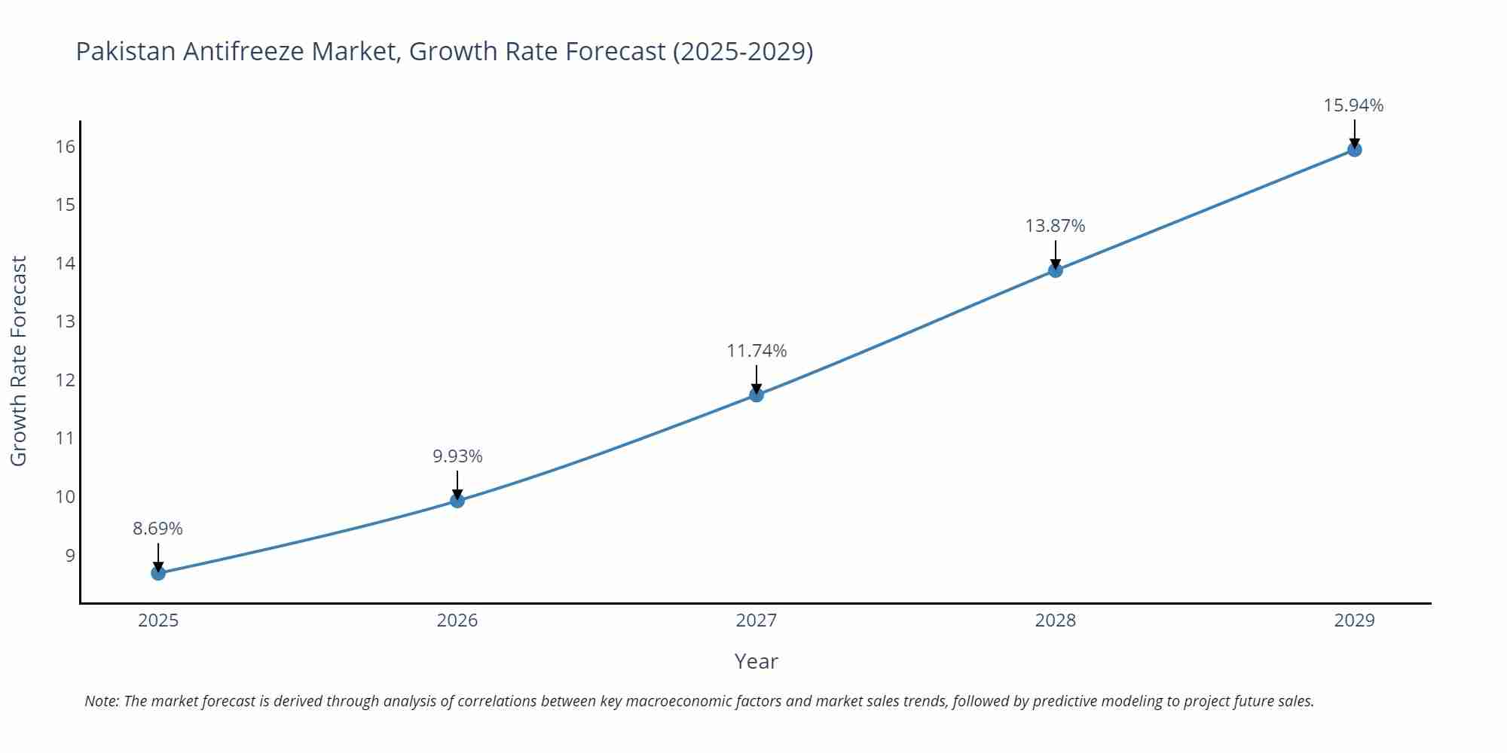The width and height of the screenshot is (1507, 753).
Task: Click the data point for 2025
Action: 158,573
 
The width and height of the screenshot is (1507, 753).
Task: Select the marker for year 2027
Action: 757,395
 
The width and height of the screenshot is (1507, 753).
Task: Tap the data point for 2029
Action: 1354,150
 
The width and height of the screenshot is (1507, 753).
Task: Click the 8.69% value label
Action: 158,529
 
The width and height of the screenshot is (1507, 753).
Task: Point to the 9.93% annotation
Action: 457,456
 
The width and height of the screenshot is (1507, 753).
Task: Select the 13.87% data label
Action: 1055,226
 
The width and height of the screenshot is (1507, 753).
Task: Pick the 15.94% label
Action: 1353,105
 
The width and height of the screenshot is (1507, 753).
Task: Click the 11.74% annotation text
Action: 757,351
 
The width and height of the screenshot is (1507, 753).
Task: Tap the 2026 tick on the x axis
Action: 457,620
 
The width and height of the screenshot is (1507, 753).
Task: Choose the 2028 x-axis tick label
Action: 1055,620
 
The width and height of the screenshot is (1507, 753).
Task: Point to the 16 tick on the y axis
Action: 66,146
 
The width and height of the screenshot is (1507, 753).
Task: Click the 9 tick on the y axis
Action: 70,556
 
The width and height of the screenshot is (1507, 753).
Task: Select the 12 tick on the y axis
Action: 66,380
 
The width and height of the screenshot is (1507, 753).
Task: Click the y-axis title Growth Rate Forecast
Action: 19,361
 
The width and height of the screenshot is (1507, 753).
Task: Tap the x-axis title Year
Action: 756,661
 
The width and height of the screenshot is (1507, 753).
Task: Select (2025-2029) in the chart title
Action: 742,51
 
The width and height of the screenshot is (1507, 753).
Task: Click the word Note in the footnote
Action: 100,701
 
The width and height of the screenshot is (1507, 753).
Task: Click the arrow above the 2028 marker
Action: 1055,254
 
